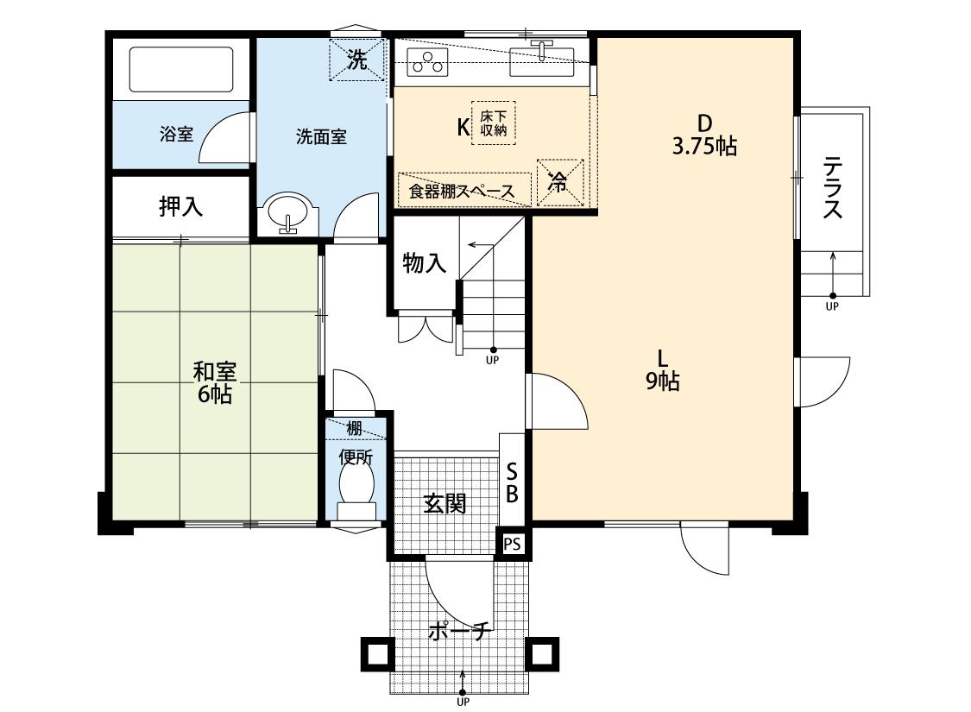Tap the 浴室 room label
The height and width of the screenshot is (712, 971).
coord(177,135)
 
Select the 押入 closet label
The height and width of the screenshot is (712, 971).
coord(180,206)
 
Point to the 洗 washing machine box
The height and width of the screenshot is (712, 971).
coord(356,59)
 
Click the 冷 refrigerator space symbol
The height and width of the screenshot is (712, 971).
coord(558,182)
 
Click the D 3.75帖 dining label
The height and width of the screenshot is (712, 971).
coord(703,135)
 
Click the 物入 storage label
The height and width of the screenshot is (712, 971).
coord(425,262)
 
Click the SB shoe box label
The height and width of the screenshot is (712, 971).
coord(512,482)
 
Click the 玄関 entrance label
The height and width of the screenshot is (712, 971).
coord(445,503)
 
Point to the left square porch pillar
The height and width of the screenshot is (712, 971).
coord(376,653)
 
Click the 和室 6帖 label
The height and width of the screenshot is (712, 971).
coord(213,383)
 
